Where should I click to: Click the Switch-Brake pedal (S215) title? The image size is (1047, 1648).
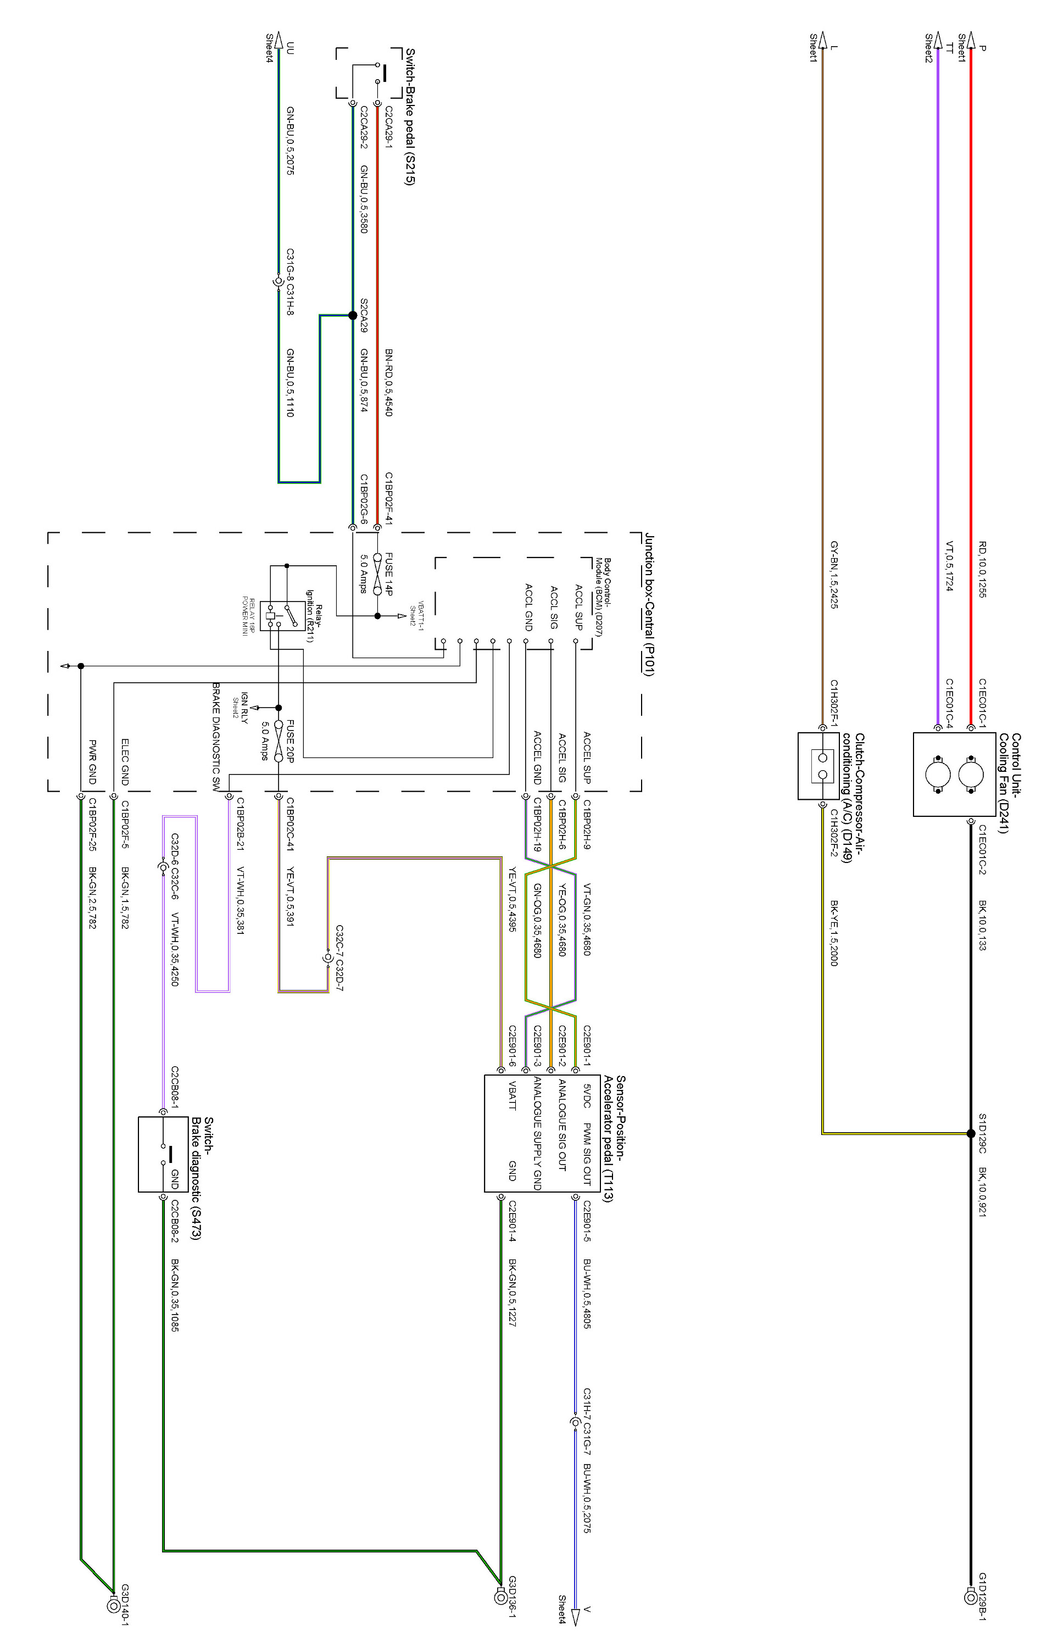pos(410,116)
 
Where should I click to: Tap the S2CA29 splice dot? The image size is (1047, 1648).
pos(353,315)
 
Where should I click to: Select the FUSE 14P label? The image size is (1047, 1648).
pos(389,574)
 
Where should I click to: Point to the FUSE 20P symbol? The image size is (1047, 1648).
pos(279,741)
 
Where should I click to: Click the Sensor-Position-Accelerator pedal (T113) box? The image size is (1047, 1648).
pos(541,1133)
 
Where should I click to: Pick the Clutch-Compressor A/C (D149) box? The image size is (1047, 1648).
pos(818,766)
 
